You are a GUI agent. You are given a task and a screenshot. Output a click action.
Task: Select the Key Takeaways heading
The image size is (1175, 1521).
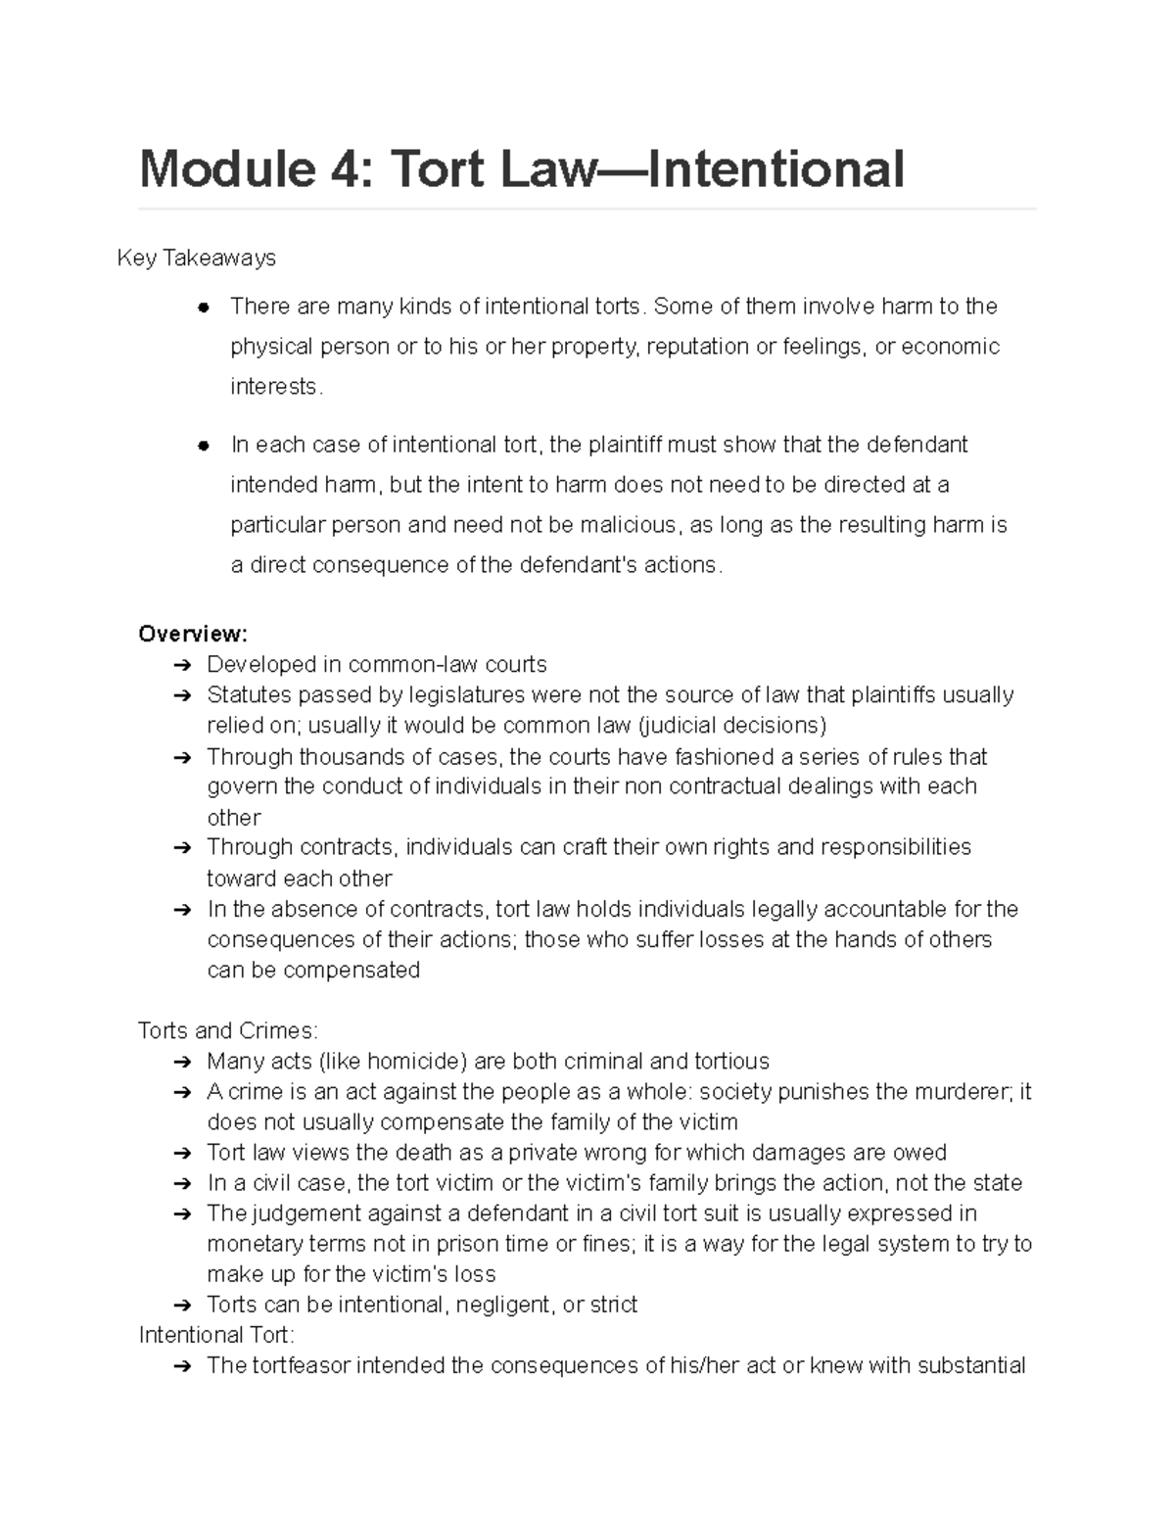[x=196, y=258]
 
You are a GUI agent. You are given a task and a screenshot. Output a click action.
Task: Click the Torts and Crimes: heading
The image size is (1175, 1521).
[x=227, y=1030]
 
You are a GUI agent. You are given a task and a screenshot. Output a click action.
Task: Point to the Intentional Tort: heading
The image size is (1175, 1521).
[x=215, y=1335]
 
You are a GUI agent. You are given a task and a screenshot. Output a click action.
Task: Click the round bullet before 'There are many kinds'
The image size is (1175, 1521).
[x=204, y=308]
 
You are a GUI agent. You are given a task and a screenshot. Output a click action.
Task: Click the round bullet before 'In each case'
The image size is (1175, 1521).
[x=204, y=446]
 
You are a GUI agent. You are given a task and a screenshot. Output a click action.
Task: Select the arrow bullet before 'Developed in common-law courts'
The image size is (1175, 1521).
[x=181, y=665]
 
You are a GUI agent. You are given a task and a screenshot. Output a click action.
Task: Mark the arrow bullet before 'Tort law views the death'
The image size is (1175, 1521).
[x=181, y=1153]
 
